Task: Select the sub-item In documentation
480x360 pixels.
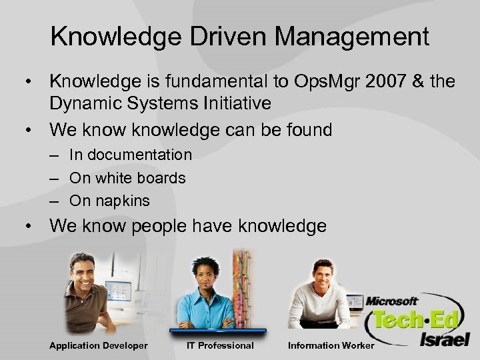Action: [131, 155]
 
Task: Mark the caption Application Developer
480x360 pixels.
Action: [98, 345]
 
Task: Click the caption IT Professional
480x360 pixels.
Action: [220, 345]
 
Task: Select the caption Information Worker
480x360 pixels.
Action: [331, 345]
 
